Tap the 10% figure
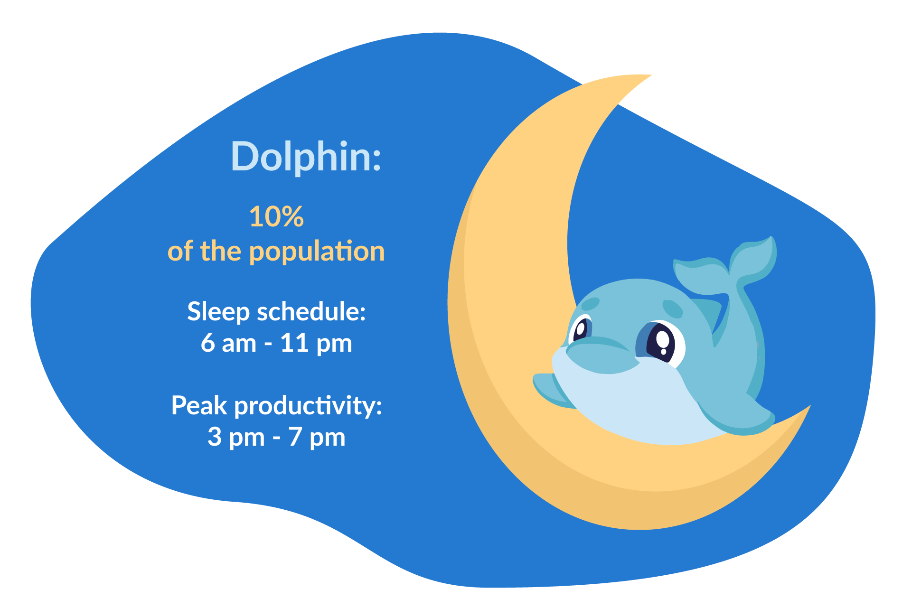coord(276,217)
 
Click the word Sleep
coord(218,312)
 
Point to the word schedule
coord(311,312)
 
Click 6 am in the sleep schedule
coord(228,343)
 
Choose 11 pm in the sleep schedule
coord(316,343)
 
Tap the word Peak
coord(199,406)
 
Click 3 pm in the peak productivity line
coord(236,437)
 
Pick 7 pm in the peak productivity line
coord(317,437)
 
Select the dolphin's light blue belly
coord(631,403)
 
